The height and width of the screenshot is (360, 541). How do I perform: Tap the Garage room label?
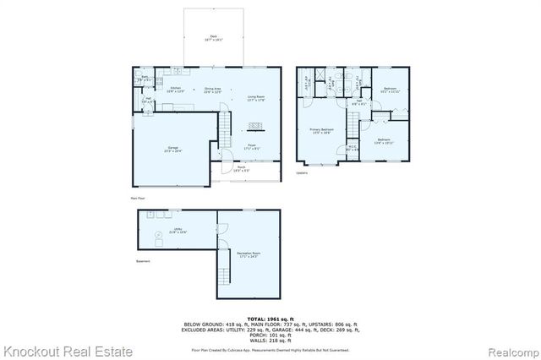[172, 150]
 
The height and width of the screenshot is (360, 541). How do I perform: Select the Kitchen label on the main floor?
[177, 89]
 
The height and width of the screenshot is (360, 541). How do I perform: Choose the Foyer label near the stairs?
[252, 146]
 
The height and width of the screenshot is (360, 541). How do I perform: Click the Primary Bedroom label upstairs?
[321, 130]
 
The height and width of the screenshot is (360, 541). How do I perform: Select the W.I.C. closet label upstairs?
[352, 150]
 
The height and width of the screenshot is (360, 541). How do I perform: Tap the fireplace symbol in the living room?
[253, 127]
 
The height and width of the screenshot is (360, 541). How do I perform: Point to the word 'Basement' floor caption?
[143, 261]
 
